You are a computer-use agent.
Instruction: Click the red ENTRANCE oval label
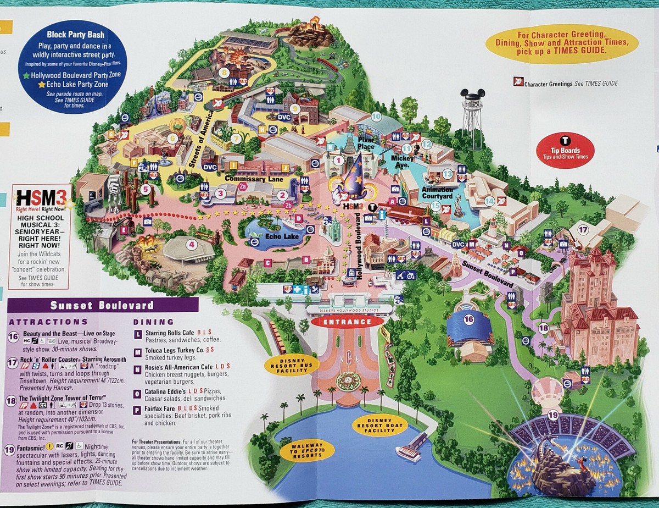click(345, 322)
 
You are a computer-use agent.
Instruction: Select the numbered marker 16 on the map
click(468, 319)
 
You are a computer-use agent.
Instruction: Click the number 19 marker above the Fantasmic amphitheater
click(552, 415)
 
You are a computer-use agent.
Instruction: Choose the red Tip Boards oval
click(565, 150)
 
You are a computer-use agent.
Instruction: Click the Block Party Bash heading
click(72, 34)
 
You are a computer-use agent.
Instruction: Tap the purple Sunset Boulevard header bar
click(102, 305)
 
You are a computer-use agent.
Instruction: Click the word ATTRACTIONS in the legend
click(48, 322)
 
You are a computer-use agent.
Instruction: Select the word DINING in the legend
click(154, 322)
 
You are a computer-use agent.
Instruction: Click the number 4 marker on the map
click(192, 245)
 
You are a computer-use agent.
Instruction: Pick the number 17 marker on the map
click(583, 230)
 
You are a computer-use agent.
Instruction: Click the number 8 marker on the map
click(224, 72)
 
